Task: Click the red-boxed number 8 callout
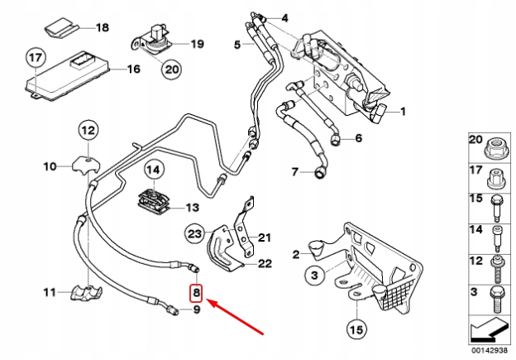pos(196,293)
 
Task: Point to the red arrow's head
pos(207,300)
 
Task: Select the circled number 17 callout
pos(36,58)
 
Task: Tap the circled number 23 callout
pos(195,234)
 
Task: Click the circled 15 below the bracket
pos(356,329)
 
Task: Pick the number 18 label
pos(103,27)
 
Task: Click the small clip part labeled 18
pos(60,26)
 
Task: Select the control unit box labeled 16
pos(67,76)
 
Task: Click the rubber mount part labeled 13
pos(154,200)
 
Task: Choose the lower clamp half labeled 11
pos(87,293)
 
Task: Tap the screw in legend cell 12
pos(497,269)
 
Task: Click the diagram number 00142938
pos(490,351)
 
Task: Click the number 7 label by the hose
pos(295,172)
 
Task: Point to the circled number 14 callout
pos(153,170)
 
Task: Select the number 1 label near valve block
pos(403,112)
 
